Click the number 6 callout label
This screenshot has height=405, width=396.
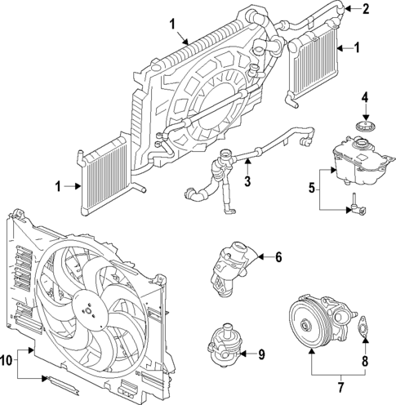(278, 258)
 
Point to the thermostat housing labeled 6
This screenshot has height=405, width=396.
(231, 265)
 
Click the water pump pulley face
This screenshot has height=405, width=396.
(305, 327)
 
